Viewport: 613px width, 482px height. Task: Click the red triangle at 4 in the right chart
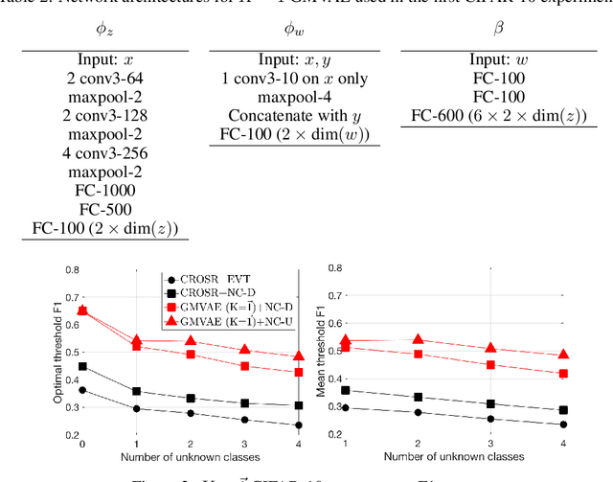pyautogui.click(x=563, y=355)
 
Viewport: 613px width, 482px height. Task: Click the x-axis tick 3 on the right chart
pyautogui.click(x=489, y=446)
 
